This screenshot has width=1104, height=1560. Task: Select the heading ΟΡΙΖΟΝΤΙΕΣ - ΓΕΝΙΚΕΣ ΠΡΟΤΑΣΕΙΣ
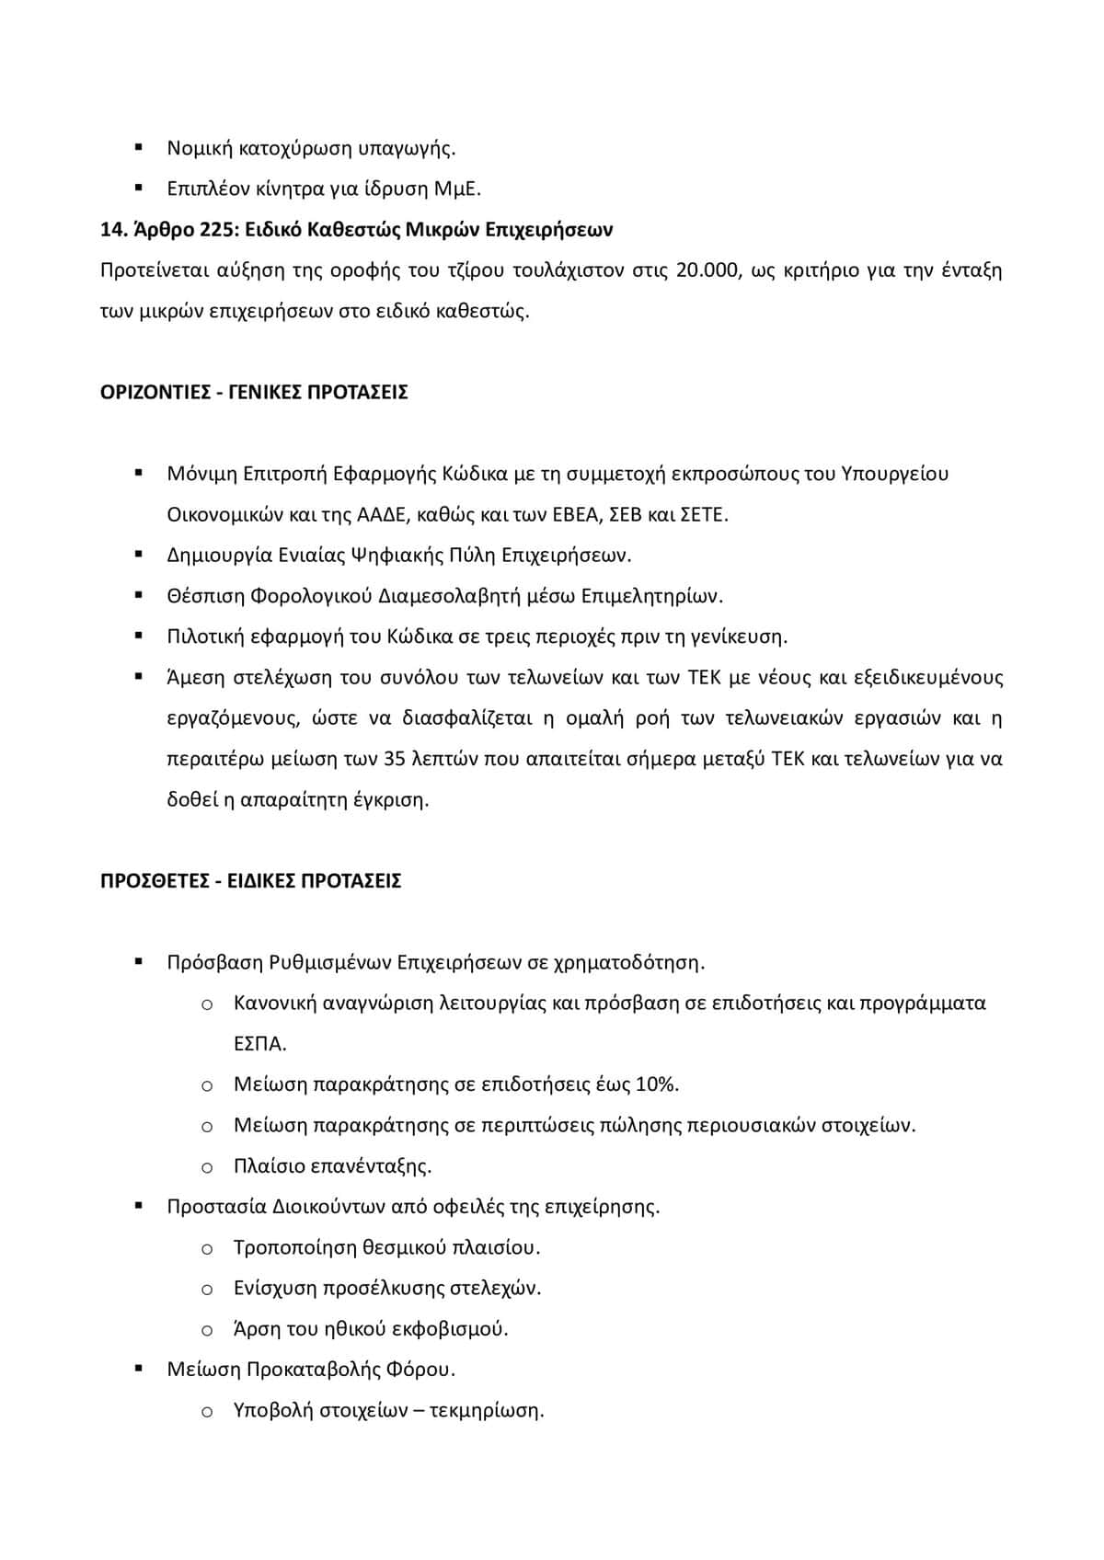254,393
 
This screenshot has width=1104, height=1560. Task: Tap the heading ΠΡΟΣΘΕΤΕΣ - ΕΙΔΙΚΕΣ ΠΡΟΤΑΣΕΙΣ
250,881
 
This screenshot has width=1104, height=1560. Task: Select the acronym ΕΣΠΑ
259,1045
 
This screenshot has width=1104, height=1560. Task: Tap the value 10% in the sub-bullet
656,1084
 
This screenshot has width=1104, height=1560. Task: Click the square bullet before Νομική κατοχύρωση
139,147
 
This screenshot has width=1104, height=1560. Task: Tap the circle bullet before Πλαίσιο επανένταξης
207,1167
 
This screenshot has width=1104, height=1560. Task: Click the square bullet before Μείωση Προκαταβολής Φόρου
139,1369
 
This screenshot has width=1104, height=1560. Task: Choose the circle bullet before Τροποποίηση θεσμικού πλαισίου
207,1248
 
